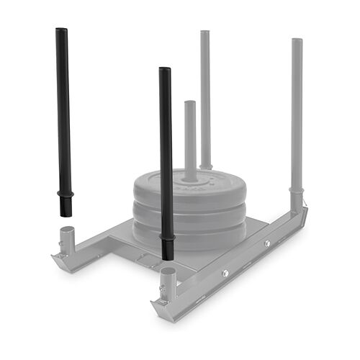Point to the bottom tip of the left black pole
[x=65, y=215]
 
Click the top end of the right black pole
[x=165, y=71]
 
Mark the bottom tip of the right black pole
[x=168, y=257]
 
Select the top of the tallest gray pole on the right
[x=297, y=41]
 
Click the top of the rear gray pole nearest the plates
[x=205, y=33]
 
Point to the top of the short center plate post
[x=190, y=103]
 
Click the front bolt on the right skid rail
[x=225, y=273]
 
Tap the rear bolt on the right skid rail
[x=267, y=244]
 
